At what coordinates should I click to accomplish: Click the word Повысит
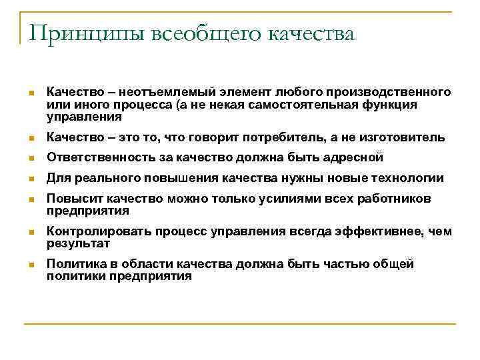(69, 199)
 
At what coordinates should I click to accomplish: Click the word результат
(78, 243)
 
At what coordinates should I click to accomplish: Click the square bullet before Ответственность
(30, 159)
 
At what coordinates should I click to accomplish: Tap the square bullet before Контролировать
(30, 232)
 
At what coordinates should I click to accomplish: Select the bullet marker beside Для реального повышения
(30, 179)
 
